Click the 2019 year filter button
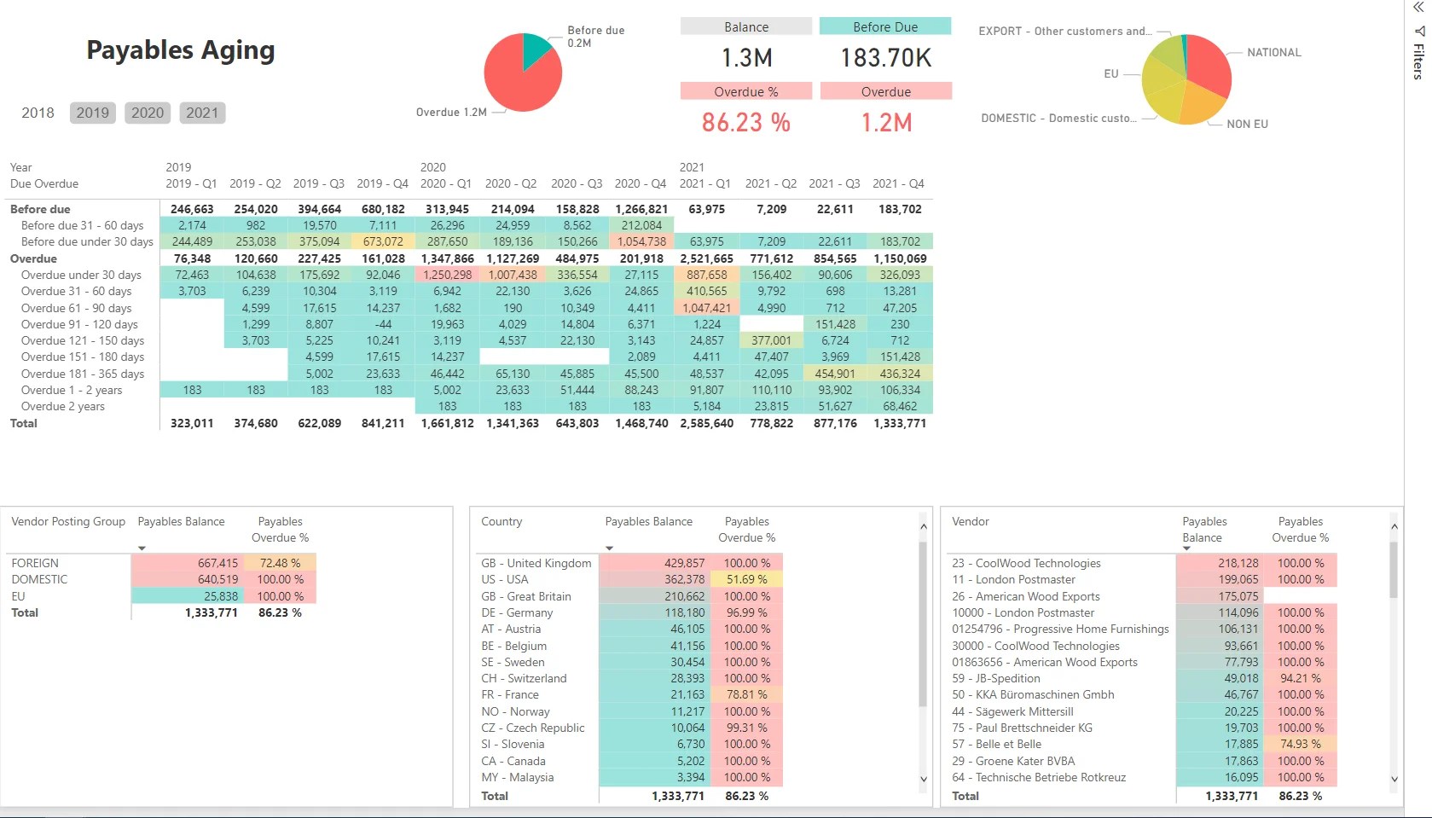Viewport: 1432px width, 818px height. tap(92, 113)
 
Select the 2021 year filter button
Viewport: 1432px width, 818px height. tap(202, 113)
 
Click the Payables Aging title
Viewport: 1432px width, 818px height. tap(181, 50)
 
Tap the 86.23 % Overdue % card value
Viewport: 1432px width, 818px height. tap(745, 123)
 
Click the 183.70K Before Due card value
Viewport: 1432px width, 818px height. tap(885, 58)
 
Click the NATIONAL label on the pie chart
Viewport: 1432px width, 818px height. tap(1273, 53)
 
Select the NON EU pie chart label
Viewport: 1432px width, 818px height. tap(1247, 125)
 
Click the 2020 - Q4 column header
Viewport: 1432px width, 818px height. tap(640, 183)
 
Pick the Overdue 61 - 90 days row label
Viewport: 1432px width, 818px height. tap(76, 308)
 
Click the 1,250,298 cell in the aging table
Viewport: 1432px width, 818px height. tap(448, 275)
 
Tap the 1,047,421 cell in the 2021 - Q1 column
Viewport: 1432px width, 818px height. tap(706, 308)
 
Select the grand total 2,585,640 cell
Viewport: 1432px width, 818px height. tap(706, 423)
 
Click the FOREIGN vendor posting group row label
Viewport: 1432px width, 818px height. tap(35, 563)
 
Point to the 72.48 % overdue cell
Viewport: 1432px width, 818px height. tap(280, 563)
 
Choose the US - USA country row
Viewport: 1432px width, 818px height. tap(504, 579)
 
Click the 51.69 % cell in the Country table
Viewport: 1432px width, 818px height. tap(746, 579)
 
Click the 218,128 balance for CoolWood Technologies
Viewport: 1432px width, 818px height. tap(1238, 563)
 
